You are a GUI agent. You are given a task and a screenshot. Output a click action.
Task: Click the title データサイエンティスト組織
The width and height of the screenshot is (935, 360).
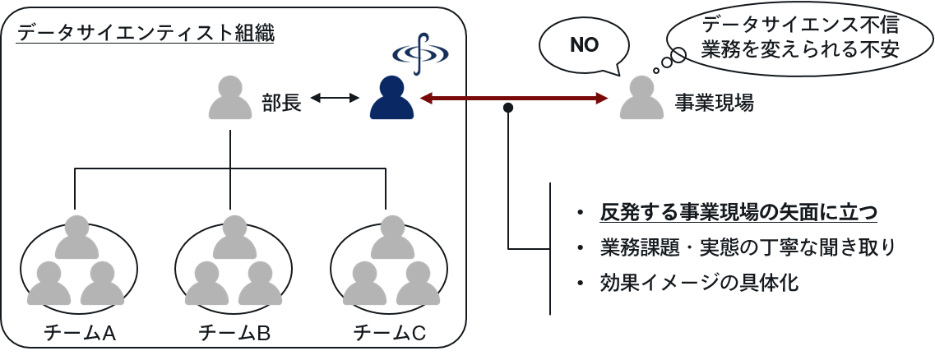click(x=146, y=34)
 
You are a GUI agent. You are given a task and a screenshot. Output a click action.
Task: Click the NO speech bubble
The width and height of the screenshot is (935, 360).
click(x=584, y=46)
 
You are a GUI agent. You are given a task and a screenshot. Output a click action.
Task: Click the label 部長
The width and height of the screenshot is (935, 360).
click(x=282, y=101)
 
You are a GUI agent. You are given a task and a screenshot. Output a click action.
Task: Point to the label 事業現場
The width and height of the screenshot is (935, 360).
click(x=714, y=102)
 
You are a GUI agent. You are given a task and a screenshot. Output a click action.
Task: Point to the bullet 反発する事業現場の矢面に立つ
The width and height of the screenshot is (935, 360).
click(x=738, y=212)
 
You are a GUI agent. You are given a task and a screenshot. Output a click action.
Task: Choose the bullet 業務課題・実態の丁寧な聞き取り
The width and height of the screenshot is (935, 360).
click(x=748, y=247)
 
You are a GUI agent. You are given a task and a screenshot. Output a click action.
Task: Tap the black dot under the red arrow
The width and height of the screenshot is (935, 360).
click(x=509, y=108)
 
